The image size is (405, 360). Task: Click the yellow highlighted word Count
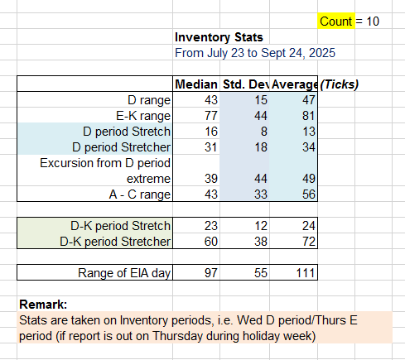tap(336, 22)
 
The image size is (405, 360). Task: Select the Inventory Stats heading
tap(219, 37)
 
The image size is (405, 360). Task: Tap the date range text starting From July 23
tap(255, 53)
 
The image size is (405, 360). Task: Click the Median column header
tap(196, 84)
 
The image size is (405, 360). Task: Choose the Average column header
tap(294, 84)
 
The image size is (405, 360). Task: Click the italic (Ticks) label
tap(340, 84)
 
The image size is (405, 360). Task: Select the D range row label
tap(149, 100)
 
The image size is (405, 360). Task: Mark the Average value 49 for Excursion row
tap(309, 179)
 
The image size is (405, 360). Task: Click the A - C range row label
tap(140, 194)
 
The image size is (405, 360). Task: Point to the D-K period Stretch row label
tap(120, 226)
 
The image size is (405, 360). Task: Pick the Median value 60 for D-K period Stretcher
tap(211, 242)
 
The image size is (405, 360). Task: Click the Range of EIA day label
tap(124, 273)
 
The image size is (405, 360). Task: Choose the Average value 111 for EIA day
tap(306, 273)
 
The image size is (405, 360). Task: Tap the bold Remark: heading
tap(43, 305)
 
